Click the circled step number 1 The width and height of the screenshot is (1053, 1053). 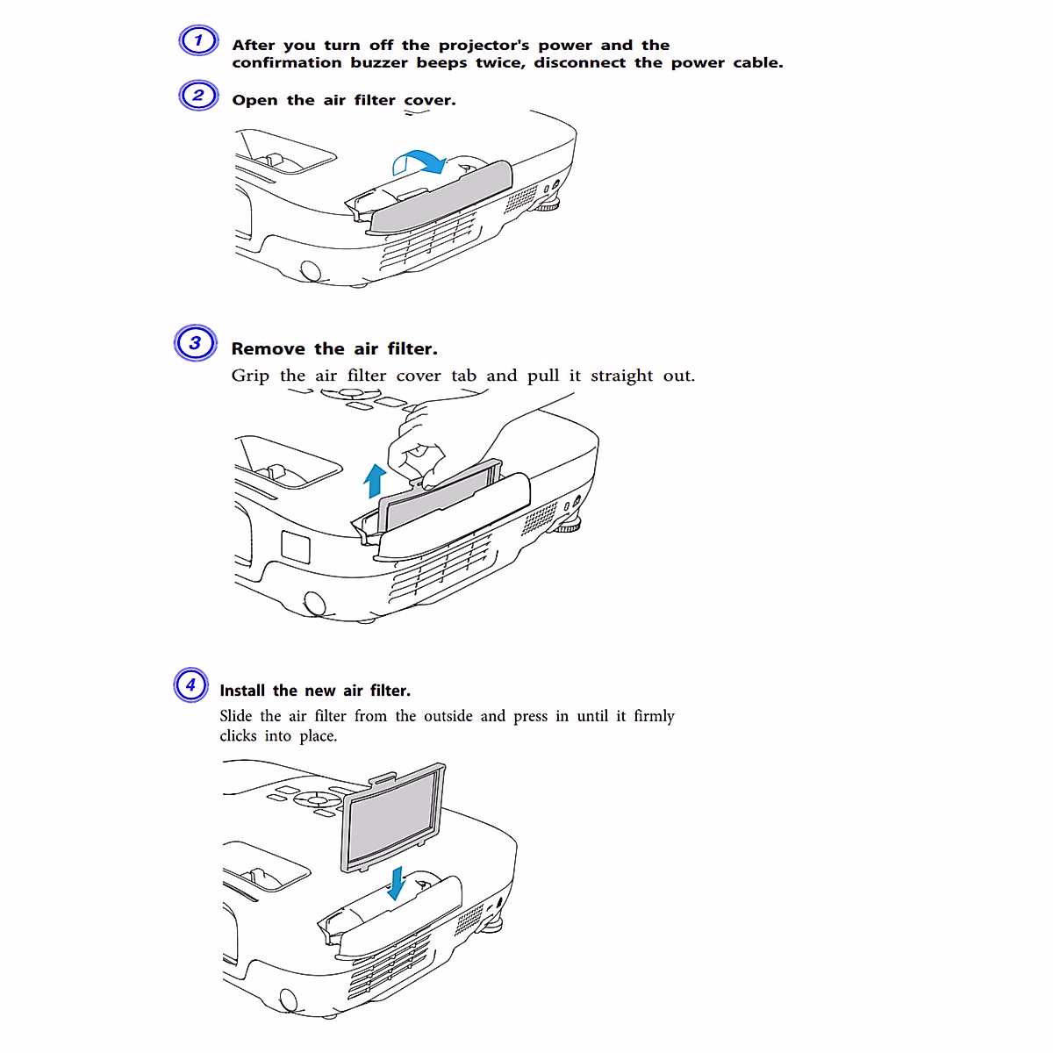pos(198,40)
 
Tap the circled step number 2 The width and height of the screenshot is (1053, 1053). pos(198,95)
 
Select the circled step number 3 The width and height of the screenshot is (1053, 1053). pos(195,342)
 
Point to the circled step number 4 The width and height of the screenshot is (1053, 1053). pos(190,684)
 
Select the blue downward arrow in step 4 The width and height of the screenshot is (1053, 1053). pos(397,883)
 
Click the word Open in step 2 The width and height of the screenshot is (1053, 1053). pos(254,100)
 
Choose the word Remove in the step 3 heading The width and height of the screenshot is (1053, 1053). pos(268,348)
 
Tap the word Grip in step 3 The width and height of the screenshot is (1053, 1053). pos(250,376)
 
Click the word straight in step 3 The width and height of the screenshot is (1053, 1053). pos(621,376)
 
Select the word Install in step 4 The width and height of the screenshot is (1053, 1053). pos(242,691)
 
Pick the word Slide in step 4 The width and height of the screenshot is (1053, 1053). pos(235,716)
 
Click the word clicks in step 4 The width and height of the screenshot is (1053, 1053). pos(238,736)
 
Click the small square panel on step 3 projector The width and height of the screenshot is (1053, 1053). pos(296,546)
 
